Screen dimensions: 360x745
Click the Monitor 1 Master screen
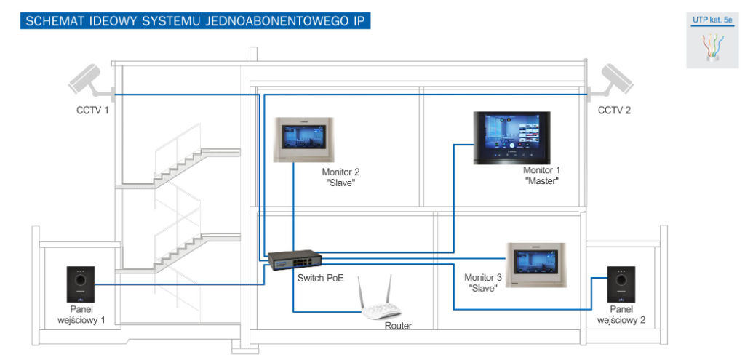(x=511, y=138)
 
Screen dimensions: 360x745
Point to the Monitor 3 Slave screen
(x=537, y=264)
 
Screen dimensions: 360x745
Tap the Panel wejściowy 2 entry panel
(x=620, y=285)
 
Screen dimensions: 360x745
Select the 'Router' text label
(x=398, y=326)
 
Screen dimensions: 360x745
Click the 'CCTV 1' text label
(x=92, y=111)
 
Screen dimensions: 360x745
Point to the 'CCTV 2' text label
(x=614, y=111)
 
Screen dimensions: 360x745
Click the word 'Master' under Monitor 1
(x=540, y=181)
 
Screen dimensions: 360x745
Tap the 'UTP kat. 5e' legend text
(x=712, y=20)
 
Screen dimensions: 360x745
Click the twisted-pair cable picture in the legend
(x=712, y=49)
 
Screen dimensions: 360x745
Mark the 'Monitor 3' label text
(x=483, y=278)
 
